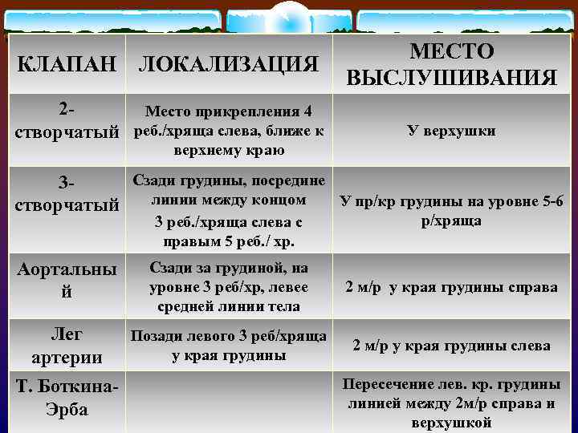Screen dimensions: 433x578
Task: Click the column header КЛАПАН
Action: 67,64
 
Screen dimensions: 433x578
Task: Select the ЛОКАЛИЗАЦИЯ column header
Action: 229,64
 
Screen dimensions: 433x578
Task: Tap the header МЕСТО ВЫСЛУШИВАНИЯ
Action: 451,64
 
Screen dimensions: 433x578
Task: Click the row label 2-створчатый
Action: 67,119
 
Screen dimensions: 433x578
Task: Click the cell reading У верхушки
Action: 451,131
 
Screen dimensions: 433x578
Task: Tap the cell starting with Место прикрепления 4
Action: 229,131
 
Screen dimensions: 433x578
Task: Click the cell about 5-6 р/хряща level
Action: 451,211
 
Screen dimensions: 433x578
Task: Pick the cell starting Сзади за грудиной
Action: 229,286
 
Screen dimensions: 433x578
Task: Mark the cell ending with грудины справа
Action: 451,287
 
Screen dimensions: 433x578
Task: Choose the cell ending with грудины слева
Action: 451,346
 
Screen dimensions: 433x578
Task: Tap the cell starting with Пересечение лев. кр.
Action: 451,403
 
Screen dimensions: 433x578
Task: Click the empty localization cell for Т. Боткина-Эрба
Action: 229,401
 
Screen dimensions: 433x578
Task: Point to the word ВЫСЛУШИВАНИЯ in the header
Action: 451,77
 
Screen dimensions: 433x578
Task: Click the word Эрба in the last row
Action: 67,410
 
